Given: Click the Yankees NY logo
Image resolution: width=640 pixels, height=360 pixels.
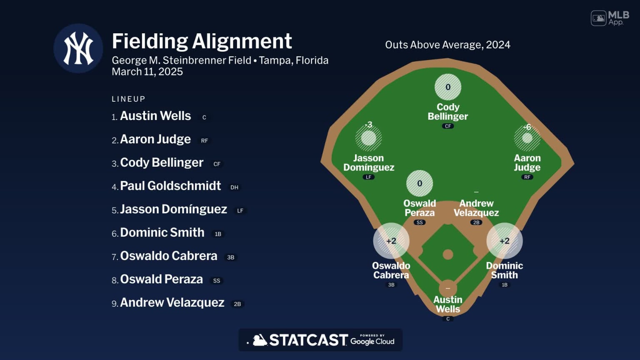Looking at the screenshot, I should (78, 48).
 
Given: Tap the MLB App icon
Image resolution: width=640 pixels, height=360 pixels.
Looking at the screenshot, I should (610, 18).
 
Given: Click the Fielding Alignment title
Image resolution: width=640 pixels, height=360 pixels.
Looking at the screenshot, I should (202, 41).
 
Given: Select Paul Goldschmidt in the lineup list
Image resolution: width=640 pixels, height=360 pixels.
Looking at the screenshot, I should (170, 186).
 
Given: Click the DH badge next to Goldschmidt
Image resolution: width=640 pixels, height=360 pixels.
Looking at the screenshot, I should (235, 187).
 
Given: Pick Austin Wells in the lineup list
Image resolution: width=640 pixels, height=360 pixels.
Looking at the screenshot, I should (155, 116).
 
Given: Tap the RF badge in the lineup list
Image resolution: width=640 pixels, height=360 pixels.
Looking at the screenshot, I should (205, 141).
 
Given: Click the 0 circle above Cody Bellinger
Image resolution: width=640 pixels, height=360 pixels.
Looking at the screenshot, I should (448, 87).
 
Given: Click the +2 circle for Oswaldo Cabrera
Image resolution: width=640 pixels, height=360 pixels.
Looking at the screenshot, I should (391, 241).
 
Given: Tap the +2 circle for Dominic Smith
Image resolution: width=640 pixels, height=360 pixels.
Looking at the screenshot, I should (505, 241).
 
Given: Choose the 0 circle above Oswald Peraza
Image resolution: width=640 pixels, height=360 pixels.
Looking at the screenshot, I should (420, 183).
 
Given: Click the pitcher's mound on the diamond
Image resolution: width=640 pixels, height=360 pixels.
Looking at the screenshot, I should (448, 254).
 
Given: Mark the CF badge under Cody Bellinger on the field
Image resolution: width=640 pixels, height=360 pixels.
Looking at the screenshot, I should (448, 126).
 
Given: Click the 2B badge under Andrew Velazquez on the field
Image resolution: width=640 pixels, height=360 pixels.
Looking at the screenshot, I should (476, 222).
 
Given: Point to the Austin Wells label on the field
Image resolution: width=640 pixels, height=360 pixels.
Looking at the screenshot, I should (448, 305).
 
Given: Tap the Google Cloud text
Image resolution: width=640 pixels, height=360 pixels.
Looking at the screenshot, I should (372, 341).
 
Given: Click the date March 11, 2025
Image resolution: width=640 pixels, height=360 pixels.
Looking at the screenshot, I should (147, 72).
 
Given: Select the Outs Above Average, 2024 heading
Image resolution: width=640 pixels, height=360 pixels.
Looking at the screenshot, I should (447, 45).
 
